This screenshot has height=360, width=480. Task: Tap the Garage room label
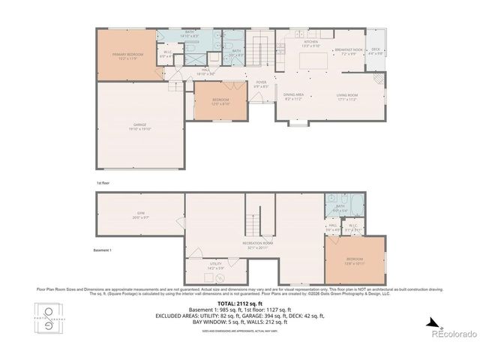click(x=140, y=127)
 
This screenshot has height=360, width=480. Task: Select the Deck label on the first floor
click(x=376, y=52)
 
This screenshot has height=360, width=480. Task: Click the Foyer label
click(x=260, y=85)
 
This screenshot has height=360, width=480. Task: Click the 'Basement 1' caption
click(x=102, y=250)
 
